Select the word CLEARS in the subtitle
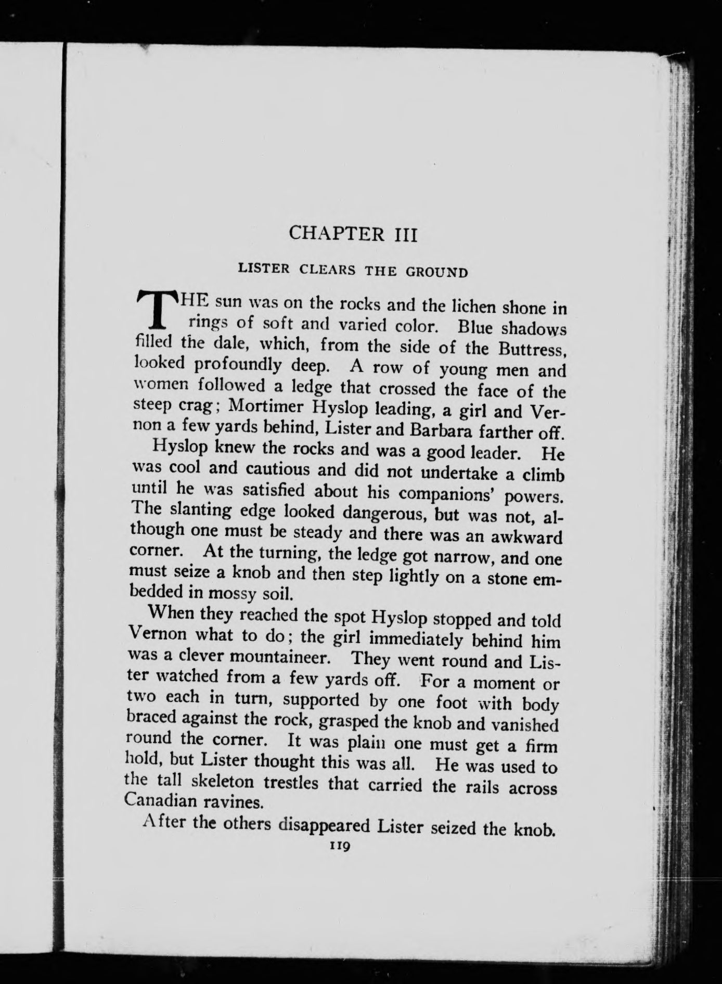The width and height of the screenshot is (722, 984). click(327, 270)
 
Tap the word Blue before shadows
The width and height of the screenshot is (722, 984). click(477, 328)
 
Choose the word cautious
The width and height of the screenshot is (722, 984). click(278, 469)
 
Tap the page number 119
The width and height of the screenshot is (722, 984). click(341, 847)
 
